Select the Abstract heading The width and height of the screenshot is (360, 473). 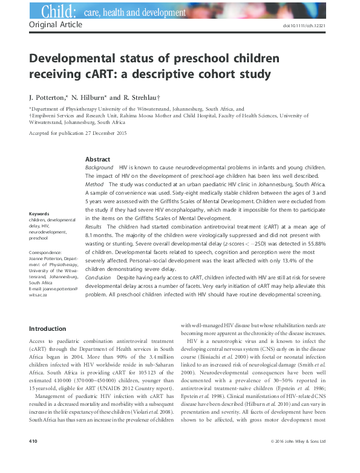(97, 158)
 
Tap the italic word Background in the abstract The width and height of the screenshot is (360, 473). (99, 167)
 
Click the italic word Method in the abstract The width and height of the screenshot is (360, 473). (94, 183)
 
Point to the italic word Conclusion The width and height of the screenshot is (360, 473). (98, 277)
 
